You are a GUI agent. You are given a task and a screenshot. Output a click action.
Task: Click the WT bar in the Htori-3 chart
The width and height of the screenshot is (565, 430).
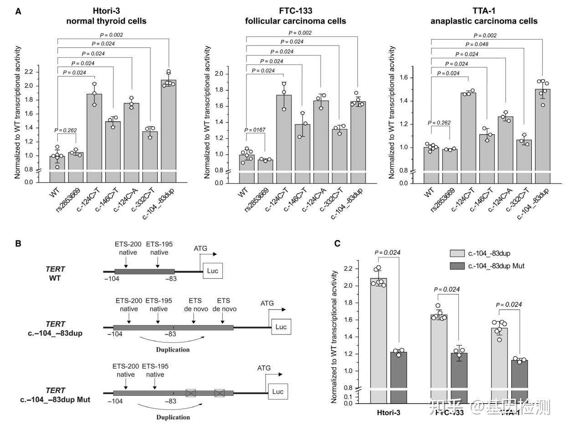tap(57, 164)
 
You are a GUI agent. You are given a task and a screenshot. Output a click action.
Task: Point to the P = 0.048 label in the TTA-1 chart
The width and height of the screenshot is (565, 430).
tap(478, 44)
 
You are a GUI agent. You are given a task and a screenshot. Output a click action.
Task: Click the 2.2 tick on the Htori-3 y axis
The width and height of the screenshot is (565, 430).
tap(30, 72)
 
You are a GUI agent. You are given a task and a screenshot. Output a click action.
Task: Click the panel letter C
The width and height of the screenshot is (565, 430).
tap(337, 244)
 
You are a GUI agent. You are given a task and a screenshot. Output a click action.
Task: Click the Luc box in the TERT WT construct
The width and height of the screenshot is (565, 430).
tap(213, 271)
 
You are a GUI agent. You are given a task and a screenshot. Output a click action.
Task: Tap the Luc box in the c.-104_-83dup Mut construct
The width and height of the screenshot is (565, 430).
tap(277, 391)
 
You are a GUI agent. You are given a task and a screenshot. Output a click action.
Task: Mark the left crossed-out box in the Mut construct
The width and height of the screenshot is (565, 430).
tap(190, 393)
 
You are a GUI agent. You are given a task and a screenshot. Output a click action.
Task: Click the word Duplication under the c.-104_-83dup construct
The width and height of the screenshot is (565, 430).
tap(173, 350)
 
